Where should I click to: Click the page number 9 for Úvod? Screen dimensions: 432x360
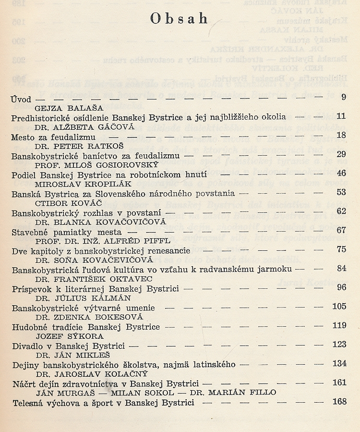[343, 98]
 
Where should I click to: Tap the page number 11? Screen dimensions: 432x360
[341, 117]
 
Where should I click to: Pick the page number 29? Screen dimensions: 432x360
[341, 155]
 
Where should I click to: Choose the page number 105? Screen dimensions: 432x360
[339, 307]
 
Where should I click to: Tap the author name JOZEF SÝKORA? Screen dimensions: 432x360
[61, 335]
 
